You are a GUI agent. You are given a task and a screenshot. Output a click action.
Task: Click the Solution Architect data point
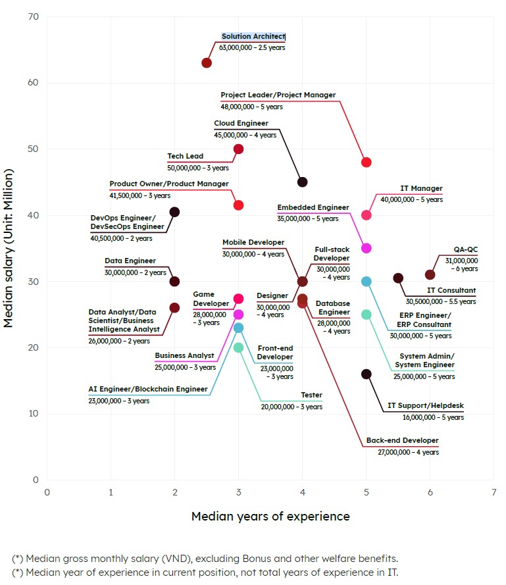pos(207,63)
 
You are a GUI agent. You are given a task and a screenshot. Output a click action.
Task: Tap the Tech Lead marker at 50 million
pos(239,149)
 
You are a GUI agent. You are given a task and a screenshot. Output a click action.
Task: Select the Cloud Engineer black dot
pos(303,182)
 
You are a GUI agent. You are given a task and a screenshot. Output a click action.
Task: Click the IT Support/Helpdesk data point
pos(367,374)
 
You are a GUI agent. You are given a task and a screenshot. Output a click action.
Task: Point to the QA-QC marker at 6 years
pos(430,275)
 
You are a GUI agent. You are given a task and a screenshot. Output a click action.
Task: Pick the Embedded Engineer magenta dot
pos(367,249)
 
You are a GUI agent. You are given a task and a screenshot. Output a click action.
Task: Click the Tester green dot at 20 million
pos(239,347)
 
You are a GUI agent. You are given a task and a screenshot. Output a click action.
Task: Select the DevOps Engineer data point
pos(175,212)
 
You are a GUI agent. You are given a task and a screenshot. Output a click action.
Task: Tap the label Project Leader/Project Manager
pos(278,95)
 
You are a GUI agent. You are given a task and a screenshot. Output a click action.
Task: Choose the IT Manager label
pos(421,189)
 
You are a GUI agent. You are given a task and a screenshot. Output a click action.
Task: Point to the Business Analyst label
pos(184,356)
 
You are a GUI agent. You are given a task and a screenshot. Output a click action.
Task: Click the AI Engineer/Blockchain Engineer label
pos(148,390)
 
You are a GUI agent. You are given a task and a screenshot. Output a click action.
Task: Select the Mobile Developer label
pos(253,243)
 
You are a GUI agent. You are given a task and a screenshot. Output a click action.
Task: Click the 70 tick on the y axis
pos(34,16)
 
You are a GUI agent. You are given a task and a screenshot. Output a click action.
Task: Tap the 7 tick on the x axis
pos(494,492)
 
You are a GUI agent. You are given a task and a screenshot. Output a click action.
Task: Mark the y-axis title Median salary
pos(10,247)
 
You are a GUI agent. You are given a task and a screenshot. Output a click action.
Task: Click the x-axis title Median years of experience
pos(270,517)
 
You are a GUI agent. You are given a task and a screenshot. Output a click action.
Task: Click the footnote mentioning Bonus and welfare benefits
pos(205,559)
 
